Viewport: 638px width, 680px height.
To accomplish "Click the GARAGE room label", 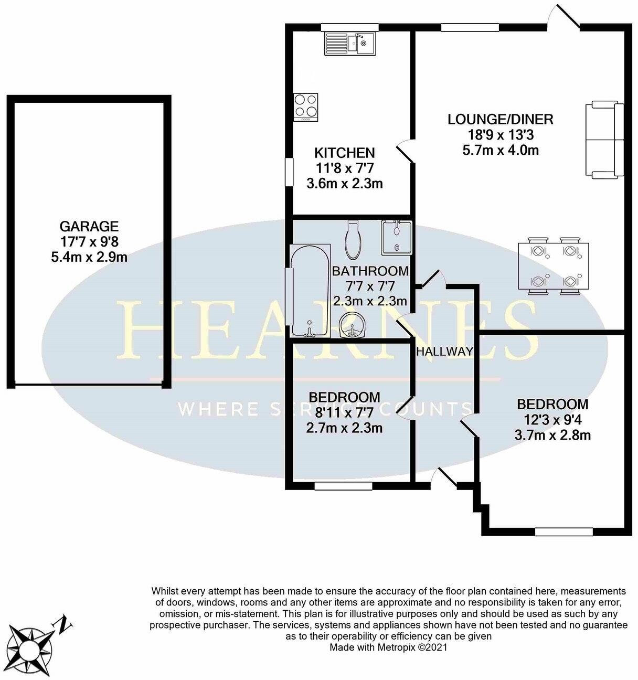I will (89, 227).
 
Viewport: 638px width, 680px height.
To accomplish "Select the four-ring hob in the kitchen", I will (306, 107).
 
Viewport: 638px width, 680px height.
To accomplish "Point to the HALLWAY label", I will (444, 352).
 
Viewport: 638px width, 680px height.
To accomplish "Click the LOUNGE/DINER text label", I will (500, 119).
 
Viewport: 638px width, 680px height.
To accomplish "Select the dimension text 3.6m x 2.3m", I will (344, 184).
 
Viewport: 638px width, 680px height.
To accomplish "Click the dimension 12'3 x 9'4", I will (552, 420).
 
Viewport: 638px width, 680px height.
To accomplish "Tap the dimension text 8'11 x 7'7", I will (344, 412).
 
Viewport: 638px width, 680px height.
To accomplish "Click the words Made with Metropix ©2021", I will (388, 647).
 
